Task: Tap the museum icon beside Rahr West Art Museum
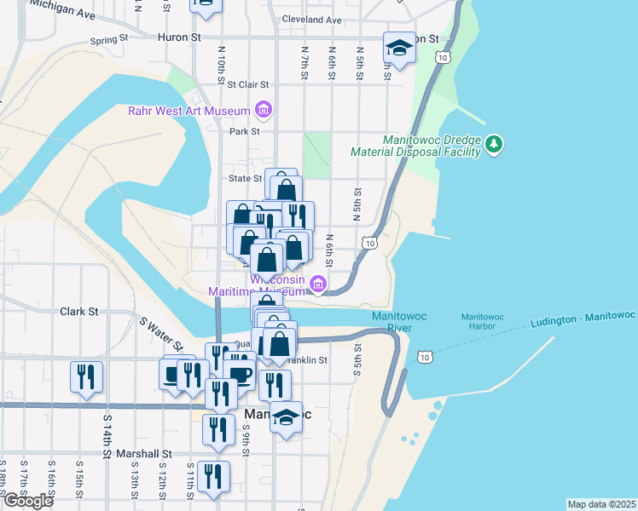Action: pyautogui.click(x=263, y=111)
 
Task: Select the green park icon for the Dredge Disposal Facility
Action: pyautogui.click(x=494, y=145)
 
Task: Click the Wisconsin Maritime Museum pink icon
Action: pyautogui.click(x=318, y=284)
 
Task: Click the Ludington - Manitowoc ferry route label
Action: pyautogui.click(x=583, y=319)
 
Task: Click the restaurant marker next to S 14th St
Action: pyautogui.click(x=86, y=376)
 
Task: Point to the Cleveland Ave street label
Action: pyautogui.click(x=311, y=20)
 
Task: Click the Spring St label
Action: pyautogui.click(x=108, y=39)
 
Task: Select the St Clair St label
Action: pyautogui.click(x=248, y=84)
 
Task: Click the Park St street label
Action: pyautogui.click(x=244, y=131)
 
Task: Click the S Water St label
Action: pyautogui.click(x=162, y=332)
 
